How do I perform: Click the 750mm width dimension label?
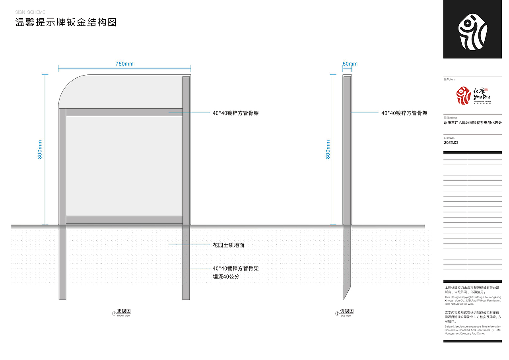pos(124,64)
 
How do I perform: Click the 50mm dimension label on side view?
pos(350,64)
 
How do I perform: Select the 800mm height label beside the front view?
pos(40,150)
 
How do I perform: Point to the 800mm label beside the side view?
pos(328,150)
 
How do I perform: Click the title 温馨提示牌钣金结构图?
pos(66,22)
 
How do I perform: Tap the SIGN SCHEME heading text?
pos(30,12)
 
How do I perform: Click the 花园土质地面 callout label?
pos(229,245)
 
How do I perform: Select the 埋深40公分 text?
pos(226,276)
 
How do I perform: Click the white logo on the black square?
pos(472,29)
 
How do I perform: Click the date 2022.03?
pos(451,142)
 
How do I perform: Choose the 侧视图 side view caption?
pos(347,311)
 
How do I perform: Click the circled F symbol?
pos(115,313)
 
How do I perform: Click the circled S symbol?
pos(337,313)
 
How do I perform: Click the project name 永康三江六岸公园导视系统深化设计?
pos(472,123)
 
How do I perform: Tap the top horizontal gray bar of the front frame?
pos(124,112)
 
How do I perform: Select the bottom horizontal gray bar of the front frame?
pos(124,220)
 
